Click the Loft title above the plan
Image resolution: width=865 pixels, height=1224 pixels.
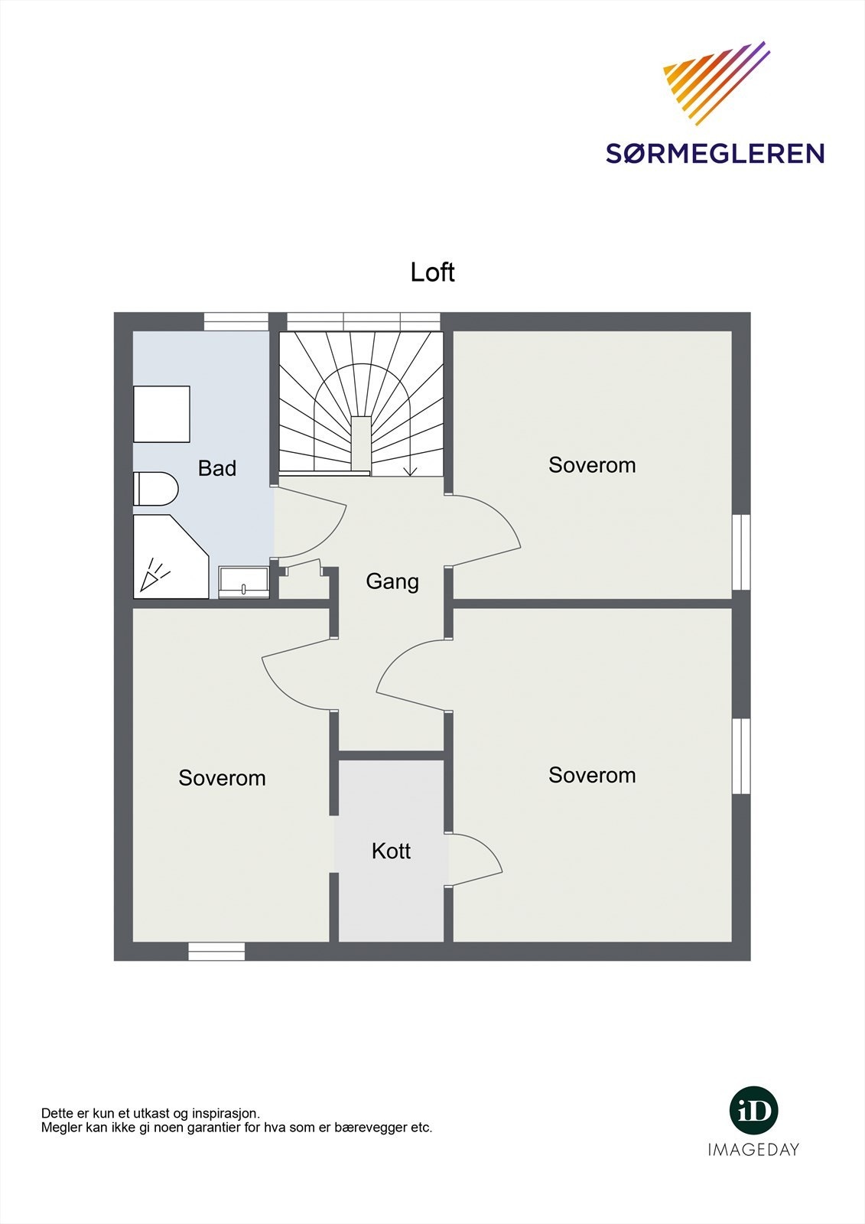coord(432,272)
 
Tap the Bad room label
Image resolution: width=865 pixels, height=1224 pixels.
coord(217,468)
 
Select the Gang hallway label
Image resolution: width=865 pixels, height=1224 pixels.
coord(392,581)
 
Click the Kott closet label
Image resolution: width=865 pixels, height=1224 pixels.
coord(391,851)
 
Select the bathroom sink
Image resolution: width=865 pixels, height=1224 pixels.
coord(244,582)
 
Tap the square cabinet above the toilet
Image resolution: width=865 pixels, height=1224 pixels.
coord(161,414)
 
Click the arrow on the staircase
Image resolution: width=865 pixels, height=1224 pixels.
coord(411,468)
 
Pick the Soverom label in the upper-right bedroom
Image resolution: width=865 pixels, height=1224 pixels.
coord(592,465)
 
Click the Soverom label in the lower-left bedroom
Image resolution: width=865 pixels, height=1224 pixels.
coord(222,778)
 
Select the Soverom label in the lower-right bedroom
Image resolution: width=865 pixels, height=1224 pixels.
coord(592,775)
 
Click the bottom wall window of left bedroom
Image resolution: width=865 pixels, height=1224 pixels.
coord(216,951)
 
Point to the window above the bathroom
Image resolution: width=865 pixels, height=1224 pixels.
coord(236,321)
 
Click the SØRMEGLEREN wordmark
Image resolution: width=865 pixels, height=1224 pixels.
coord(714,153)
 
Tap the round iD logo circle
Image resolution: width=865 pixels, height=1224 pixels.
coord(753,1110)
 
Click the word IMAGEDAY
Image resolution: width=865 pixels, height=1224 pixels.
coord(753,1149)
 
